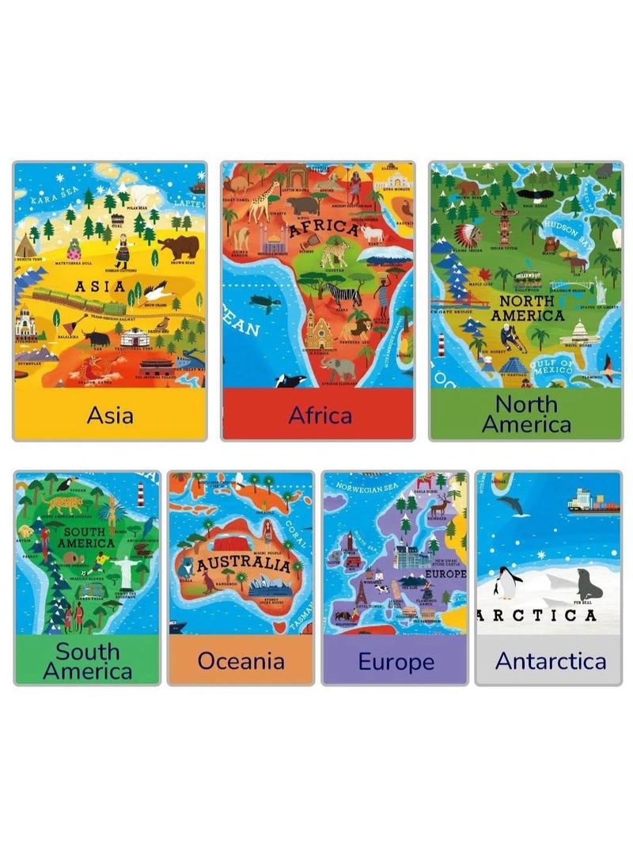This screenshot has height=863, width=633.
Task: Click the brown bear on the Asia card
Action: tap(178, 248)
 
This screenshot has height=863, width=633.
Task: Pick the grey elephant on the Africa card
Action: tap(338, 367)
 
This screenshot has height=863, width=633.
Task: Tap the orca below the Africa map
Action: tap(290, 380)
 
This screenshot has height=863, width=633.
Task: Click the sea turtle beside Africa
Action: tap(260, 302)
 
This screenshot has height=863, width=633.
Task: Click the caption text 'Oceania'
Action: tap(241, 660)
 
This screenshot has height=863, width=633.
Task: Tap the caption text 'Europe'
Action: tap(396, 660)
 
